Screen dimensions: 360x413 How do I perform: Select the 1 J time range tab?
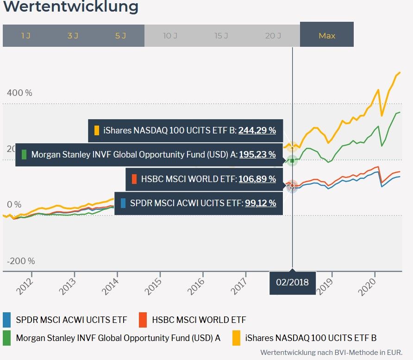(26, 36)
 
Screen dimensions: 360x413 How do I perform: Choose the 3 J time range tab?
(73, 36)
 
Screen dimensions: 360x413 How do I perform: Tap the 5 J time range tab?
(120, 36)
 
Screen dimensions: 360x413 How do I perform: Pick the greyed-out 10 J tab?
(170, 36)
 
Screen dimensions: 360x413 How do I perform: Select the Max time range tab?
(327, 36)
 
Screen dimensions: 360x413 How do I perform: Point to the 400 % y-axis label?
(19, 93)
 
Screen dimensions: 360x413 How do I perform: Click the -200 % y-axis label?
(21, 261)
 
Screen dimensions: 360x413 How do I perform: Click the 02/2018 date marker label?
(292, 282)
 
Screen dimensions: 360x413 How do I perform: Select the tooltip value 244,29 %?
(257, 131)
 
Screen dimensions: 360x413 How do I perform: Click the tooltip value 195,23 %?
(257, 154)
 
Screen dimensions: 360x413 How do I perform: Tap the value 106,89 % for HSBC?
(257, 179)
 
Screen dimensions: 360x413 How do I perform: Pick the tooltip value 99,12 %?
(261, 203)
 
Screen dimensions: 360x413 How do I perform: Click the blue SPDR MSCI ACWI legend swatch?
(6, 320)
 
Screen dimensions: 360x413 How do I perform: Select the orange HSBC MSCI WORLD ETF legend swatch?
(143, 320)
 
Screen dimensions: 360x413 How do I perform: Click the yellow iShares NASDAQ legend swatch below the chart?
(236, 338)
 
